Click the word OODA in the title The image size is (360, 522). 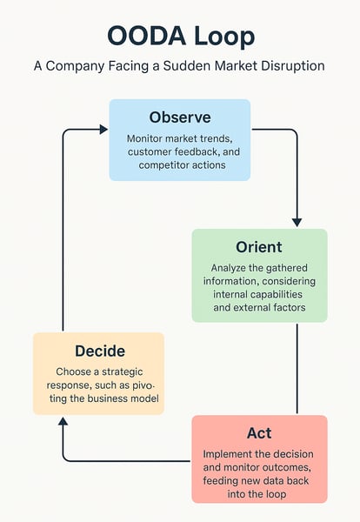pos(146,36)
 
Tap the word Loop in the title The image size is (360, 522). pos(224,37)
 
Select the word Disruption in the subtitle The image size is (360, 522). pos(293,66)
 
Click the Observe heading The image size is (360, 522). pos(180,117)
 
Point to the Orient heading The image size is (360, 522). pos(259,247)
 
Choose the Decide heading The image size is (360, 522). pos(100,351)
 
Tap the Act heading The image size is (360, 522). pos(259,433)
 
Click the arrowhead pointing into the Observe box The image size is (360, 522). pos(103,130)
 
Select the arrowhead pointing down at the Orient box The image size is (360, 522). pos(297,223)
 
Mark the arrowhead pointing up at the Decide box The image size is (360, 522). pos(63,421)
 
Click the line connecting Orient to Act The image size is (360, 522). pos(297,369)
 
